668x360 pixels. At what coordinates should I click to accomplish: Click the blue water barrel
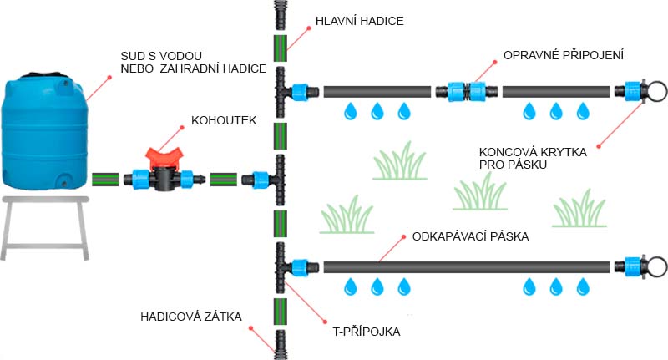(45, 130)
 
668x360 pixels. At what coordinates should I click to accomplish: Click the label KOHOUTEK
(224, 120)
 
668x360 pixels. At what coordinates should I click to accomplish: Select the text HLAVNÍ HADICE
(360, 21)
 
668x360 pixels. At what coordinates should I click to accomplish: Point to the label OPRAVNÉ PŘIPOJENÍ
(563, 55)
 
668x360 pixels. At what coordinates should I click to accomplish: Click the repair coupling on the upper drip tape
(467, 92)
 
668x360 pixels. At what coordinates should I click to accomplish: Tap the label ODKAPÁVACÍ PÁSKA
(470, 236)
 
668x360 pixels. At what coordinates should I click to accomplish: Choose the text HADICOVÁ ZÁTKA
(191, 317)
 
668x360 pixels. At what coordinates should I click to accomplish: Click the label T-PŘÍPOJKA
(367, 332)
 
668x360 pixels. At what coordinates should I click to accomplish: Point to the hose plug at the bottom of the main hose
(280, 345)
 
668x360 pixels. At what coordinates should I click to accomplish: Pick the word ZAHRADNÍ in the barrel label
(187, 68)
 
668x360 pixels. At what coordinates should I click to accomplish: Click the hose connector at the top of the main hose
(280, 14)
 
